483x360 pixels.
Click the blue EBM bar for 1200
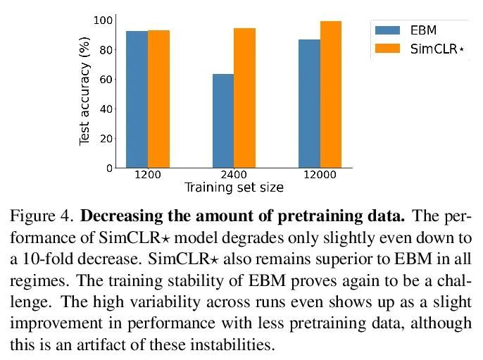pos(137,99)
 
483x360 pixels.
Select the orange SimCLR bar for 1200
pos(158,99)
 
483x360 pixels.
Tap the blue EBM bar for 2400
pos(223,120)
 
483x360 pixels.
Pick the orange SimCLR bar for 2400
pos(244,98)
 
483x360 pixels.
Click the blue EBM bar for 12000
pos(309,104)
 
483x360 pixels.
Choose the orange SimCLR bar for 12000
pos(330,94)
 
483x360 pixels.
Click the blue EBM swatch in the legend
pos(387,30)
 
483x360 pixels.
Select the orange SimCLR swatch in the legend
pos(387,49)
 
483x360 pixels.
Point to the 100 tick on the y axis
pos(103,20)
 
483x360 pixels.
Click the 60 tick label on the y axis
pos(106,80)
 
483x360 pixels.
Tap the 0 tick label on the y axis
pos(109,168)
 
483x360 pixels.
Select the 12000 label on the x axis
pos(320,175)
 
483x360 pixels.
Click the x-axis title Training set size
pos(234,187)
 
